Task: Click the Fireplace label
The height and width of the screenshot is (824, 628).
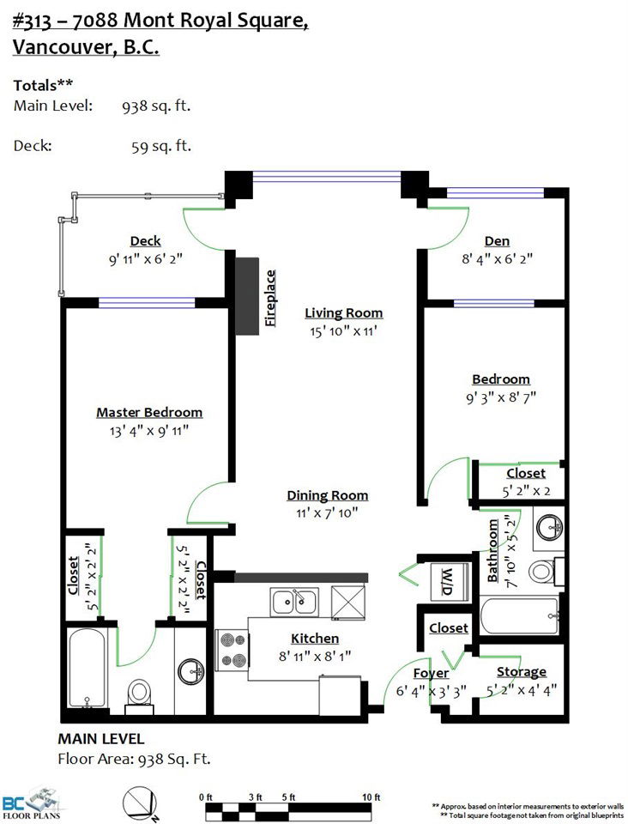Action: (270, 298)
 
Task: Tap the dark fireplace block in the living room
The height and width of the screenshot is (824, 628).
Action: (247, 296)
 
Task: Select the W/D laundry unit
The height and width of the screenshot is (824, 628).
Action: (447, 582)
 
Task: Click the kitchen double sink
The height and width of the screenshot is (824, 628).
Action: (294, 602)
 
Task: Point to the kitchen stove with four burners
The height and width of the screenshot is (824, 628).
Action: (232, 650)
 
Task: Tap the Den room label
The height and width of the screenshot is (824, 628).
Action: (497, 241)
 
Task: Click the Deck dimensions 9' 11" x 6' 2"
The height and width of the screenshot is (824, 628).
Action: (146, 259)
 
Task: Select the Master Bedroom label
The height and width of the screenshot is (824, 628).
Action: (149, 413)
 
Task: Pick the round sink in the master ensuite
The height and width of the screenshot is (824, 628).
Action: (191, 671)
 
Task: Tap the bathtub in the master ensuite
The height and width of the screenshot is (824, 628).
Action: (88, 669)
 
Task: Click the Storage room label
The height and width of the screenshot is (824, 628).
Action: (522, 671)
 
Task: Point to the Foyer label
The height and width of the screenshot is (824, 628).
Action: (431, 674)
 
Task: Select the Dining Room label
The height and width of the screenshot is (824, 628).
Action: (327, 495)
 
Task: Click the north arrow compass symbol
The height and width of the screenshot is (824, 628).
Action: (140, 804)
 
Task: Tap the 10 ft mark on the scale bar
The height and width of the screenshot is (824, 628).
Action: (371, 797)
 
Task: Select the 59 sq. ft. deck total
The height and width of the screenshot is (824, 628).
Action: (161, 146)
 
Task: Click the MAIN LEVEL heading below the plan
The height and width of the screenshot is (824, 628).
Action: (101, 739)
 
